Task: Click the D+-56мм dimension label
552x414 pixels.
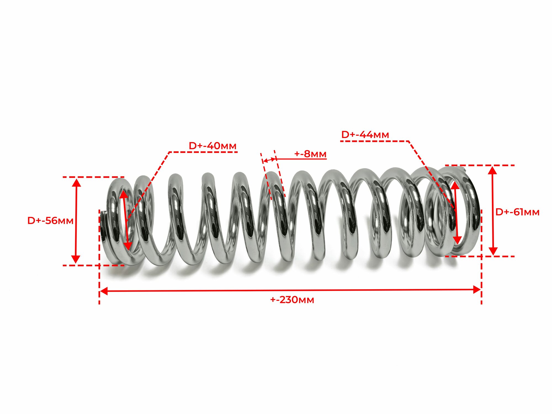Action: point(50,221)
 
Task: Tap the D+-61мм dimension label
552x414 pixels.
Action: point(517,212)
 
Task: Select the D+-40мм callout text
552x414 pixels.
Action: point(213,146)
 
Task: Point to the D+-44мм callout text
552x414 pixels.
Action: point(365,135)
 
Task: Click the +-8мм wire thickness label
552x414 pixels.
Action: point(310,154)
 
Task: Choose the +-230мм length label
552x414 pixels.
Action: point(292,300)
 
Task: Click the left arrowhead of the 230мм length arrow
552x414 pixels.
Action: point(104,291)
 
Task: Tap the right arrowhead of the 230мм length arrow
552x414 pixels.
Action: point(477,290)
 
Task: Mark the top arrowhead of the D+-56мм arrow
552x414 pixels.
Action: point(76,182)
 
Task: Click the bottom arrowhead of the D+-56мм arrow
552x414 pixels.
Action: point(76,259)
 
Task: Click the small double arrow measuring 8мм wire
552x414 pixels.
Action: point(269,160)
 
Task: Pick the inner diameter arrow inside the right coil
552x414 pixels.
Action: point(456,213)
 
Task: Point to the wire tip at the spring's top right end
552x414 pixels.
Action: point(463,168)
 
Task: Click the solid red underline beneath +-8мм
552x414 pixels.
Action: point(301,159)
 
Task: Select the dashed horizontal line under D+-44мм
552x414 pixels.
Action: point(374,141)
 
